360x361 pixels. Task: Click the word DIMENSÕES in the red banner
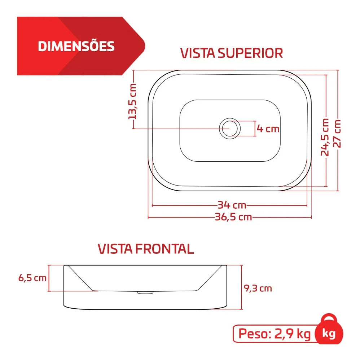(x=76, y=46)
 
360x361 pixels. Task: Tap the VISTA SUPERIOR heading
(x=232, y=53)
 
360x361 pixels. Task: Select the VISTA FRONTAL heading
(x=146, y=249)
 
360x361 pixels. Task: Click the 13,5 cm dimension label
(x=132, y=101)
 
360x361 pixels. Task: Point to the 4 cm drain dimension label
(x=268, y=129)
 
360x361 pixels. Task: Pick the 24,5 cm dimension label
(x=325, y=137)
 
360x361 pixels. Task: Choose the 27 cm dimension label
(x=337, y=134)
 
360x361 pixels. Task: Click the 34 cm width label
(x=232, y=205)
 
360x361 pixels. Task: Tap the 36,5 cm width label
(x=233, y=217)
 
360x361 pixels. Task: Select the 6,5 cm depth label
(x=32, y=278)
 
